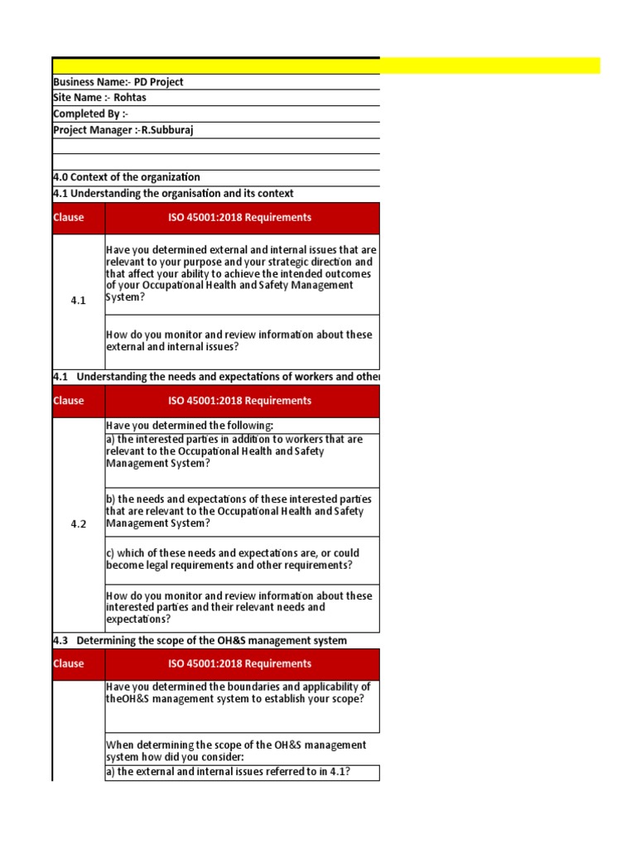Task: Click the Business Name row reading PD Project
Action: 118,82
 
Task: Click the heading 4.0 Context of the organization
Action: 127,177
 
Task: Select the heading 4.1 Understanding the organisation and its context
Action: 173,194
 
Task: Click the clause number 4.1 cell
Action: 79,301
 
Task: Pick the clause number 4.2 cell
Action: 79,524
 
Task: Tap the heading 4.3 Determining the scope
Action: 200,640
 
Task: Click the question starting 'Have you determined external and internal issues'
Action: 241,273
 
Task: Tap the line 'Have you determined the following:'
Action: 195,426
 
